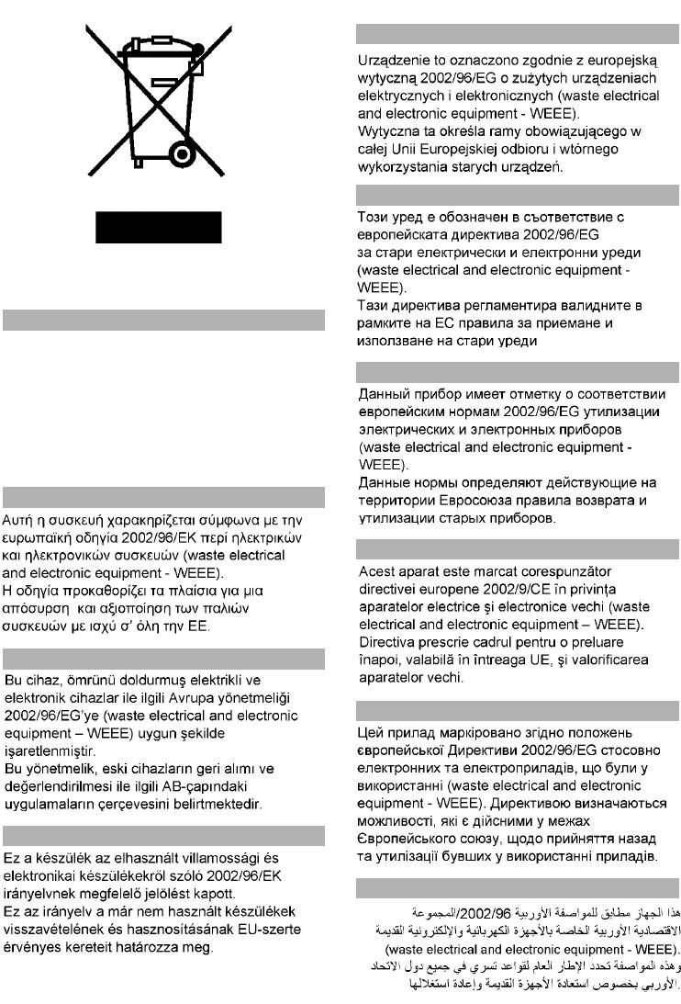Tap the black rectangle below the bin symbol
click(x=158, y=226)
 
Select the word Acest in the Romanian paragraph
click(x=375, y=570)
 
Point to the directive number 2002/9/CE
click(x=499, y=588)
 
